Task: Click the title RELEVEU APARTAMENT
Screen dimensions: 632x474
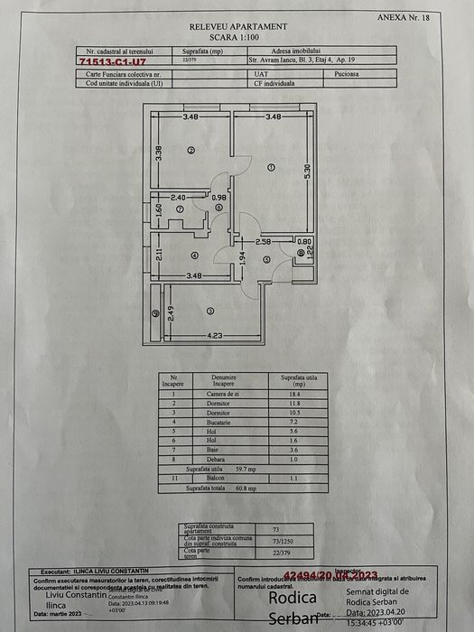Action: [x=239, y=28]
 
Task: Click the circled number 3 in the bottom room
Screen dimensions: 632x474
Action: [x=210, y=311]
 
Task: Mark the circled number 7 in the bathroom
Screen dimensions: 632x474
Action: [x=180, y=209]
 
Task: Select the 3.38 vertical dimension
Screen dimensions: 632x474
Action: [x=158, y=153]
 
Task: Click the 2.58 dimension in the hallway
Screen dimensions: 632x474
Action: [x=263, y=242]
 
